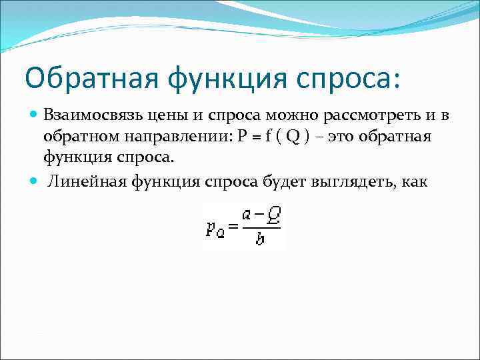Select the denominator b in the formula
[x=260, y=238]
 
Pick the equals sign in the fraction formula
[x=233, y=227]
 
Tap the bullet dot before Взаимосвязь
[x=35, y=115]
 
